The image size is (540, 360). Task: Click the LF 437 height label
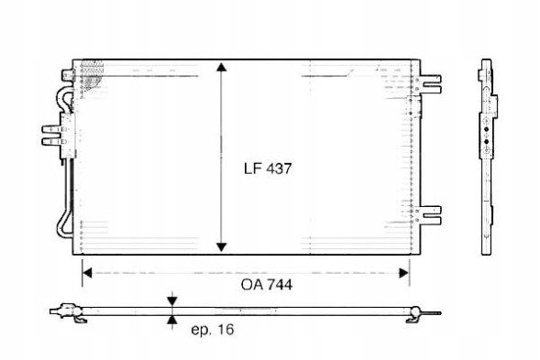point(268,169)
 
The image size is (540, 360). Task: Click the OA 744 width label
point(267,285)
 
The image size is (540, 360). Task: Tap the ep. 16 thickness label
point(212,330)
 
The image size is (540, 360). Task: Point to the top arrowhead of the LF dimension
point(222,67)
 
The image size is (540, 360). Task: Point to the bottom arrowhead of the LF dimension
point(222,246)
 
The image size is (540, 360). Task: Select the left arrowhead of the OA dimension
point(87,273)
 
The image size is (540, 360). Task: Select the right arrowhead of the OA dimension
point(403,273)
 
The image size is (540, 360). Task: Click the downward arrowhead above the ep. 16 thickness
point(172,301)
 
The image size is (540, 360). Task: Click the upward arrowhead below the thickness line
point(172,321)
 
